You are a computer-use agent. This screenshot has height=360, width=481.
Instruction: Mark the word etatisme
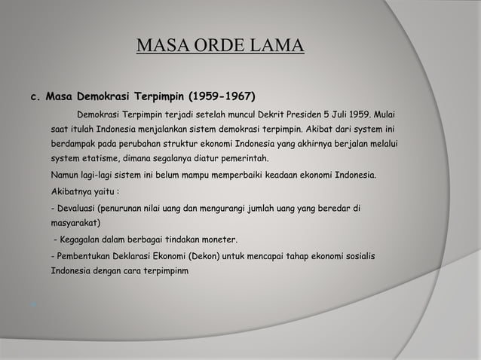tap(106, 160)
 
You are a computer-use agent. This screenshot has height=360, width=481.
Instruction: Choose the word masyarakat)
tap(76, 224)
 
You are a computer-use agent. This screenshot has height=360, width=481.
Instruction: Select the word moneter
tap(219, 240)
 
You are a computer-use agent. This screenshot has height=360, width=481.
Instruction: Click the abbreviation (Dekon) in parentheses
tap(216, 258)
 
